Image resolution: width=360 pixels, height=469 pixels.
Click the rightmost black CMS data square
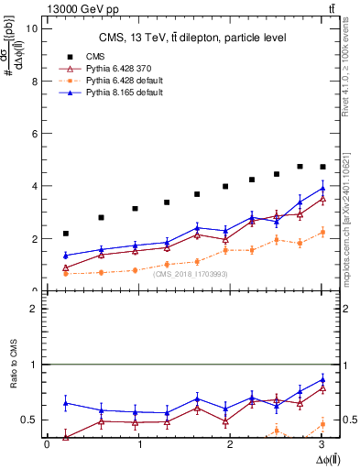[322, 167]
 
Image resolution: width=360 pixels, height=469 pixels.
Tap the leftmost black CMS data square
[65, 234]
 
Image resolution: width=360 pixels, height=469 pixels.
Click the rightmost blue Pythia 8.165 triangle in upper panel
[322, 188]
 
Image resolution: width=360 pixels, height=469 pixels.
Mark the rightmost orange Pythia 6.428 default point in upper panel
[322, 232]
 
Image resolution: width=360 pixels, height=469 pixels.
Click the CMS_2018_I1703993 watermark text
[191, 274]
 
